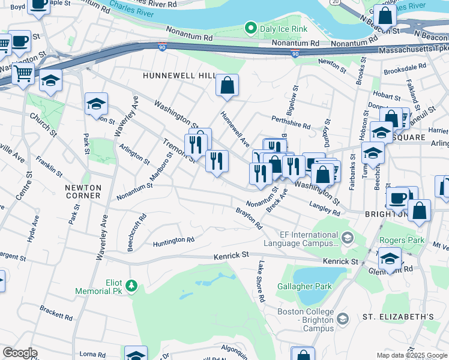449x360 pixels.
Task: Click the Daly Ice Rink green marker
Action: [x=250, y=28]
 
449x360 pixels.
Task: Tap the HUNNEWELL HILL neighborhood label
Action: [x=179, y=76]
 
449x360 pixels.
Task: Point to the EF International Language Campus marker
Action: [x=346, y=239]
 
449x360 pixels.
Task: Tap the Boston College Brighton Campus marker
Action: [x=342, y=317]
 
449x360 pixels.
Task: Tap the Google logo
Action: [x=19, y=353]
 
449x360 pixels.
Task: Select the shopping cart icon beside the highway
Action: [x=23, y=74]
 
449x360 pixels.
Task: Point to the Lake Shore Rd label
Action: [x=261, y=281]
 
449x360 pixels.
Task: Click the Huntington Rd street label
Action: [x=173, y=241]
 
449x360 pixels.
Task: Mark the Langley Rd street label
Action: [x=324, y=209]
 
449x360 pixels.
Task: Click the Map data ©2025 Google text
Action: [x=412, y=355]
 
